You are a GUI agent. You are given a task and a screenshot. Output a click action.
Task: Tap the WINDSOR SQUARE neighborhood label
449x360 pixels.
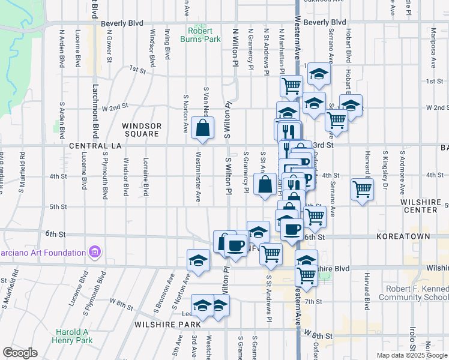click(x=142, y=130)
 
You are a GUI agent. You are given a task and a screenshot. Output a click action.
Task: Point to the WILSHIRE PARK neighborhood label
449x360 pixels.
click(x=168, y=325)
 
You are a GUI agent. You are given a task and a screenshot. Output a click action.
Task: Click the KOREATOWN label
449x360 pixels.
click(x=403, y=237)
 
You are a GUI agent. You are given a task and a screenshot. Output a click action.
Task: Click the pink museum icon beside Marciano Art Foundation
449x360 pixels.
click(x=94, y=253)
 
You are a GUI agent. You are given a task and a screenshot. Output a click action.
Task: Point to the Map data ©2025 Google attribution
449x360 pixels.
click(x=411, y=355)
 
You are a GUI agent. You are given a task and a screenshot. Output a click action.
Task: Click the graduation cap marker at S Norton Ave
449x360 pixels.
click(x=198, y=260)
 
